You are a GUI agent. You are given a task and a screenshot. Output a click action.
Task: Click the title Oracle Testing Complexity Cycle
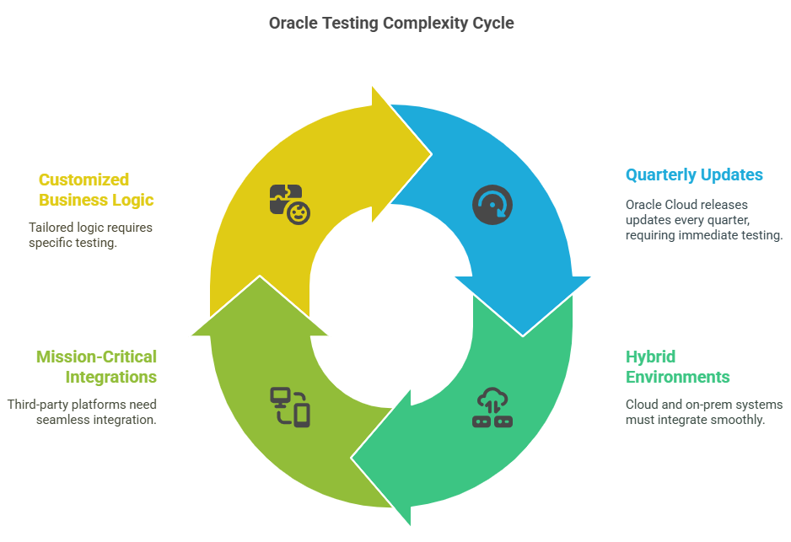[x=391, y=24]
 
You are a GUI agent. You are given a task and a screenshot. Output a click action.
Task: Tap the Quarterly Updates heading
[x=694, y=175]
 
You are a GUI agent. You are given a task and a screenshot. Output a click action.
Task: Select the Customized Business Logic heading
[x=96, y=190]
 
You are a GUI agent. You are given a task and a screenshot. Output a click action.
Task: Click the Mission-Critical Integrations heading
[x=96, y=367]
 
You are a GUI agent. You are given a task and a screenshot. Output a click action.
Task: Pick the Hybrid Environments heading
[x=677, y=367]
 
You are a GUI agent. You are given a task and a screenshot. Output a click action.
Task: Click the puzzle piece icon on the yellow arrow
[x=290, y=204]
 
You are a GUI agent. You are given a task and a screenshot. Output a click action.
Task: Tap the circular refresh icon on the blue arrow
[x=492, y=205]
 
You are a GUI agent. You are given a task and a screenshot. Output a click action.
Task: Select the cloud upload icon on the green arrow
[x=492, y=407]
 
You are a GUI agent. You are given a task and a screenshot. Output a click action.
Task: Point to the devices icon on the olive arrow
[x=290, y=407]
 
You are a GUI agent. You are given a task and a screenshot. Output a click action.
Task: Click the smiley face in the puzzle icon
[x=299, y=213]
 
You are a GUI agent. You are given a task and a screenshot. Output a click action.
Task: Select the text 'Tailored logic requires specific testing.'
[x=90, y=235]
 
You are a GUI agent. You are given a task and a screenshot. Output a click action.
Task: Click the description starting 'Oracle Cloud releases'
[x=704, y=220]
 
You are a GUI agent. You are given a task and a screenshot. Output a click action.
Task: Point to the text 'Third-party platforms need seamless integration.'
[x=82, y=412]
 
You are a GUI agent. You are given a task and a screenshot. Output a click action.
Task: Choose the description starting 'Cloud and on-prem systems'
[x=704, y=412]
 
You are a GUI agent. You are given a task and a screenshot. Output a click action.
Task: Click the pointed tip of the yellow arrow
[x=431, y=153]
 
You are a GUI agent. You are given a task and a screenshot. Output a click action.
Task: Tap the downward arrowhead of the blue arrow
[x=523, y=307]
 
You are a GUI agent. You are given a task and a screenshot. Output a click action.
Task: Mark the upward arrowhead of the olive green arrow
[x=260, y=305]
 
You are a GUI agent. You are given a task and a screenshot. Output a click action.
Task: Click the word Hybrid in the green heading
[x=650, y=357]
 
